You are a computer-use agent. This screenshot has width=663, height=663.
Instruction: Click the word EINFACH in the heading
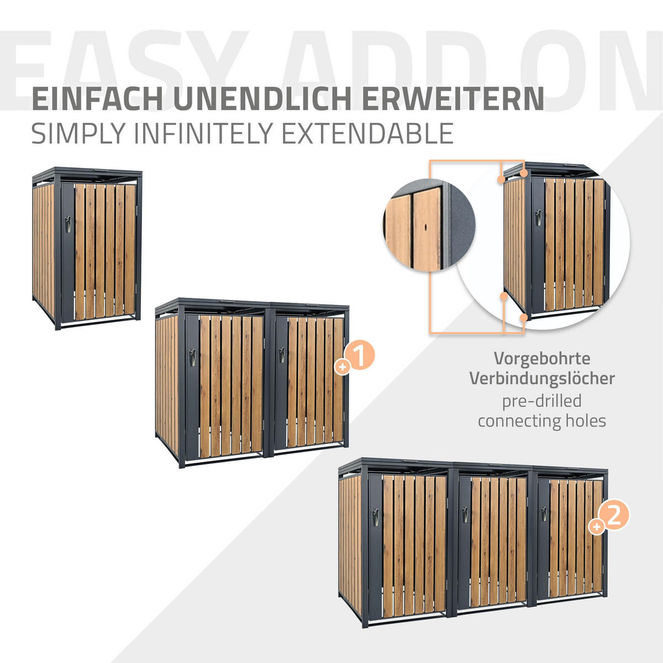click(x=97, y=99)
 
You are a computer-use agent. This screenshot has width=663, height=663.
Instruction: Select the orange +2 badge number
click(x=614, y=516)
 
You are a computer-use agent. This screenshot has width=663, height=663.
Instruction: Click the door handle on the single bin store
click(x=68, y=224)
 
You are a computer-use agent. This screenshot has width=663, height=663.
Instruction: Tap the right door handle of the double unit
click(x=282, y=355)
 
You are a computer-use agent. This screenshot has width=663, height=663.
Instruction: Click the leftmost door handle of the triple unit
click(x=376, y=517)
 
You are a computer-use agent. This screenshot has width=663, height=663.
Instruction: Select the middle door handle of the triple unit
click(x=466, y=515)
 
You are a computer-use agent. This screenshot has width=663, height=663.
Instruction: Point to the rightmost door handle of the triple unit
click(x=544, y=514)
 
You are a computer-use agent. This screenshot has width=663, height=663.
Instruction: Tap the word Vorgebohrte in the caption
click(x=542, y=359)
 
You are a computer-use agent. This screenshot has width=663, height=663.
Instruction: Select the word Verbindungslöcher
click(x=542, y=378)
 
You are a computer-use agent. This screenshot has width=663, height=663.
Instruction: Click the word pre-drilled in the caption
click(x=542, y=401)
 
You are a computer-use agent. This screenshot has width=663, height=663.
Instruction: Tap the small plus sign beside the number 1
click(x=343, y=367)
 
